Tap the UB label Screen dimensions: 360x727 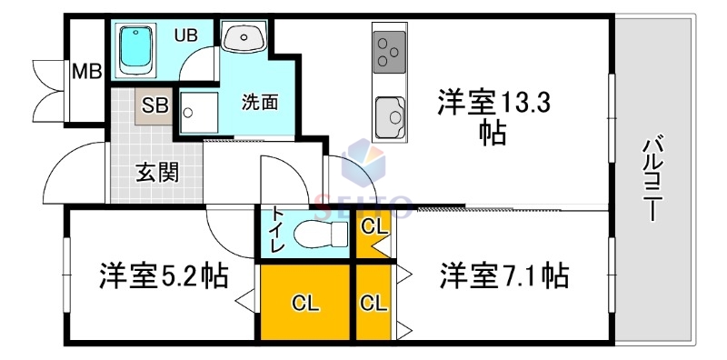(x=185, y=35)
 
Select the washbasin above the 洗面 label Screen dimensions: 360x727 (x=243, y=39)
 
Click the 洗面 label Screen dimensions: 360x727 (x=260, y=102)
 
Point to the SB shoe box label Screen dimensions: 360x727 (x=154, y=105)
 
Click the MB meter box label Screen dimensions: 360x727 (x=86, y=71)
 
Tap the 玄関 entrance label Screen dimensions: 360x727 (x=156, y=172)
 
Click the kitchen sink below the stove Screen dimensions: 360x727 (x=392, y=116)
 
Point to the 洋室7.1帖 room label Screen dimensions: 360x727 (x=504, y=275)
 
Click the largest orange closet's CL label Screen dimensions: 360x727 (x=306, y=304)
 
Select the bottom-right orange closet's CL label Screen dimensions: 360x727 (x=373, y=304)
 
